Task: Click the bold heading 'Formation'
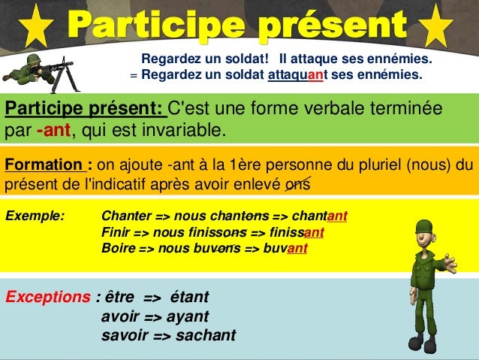44,165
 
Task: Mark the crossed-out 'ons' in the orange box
297,183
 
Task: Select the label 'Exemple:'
35,216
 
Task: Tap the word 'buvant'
286,248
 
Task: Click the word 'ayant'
188,316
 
